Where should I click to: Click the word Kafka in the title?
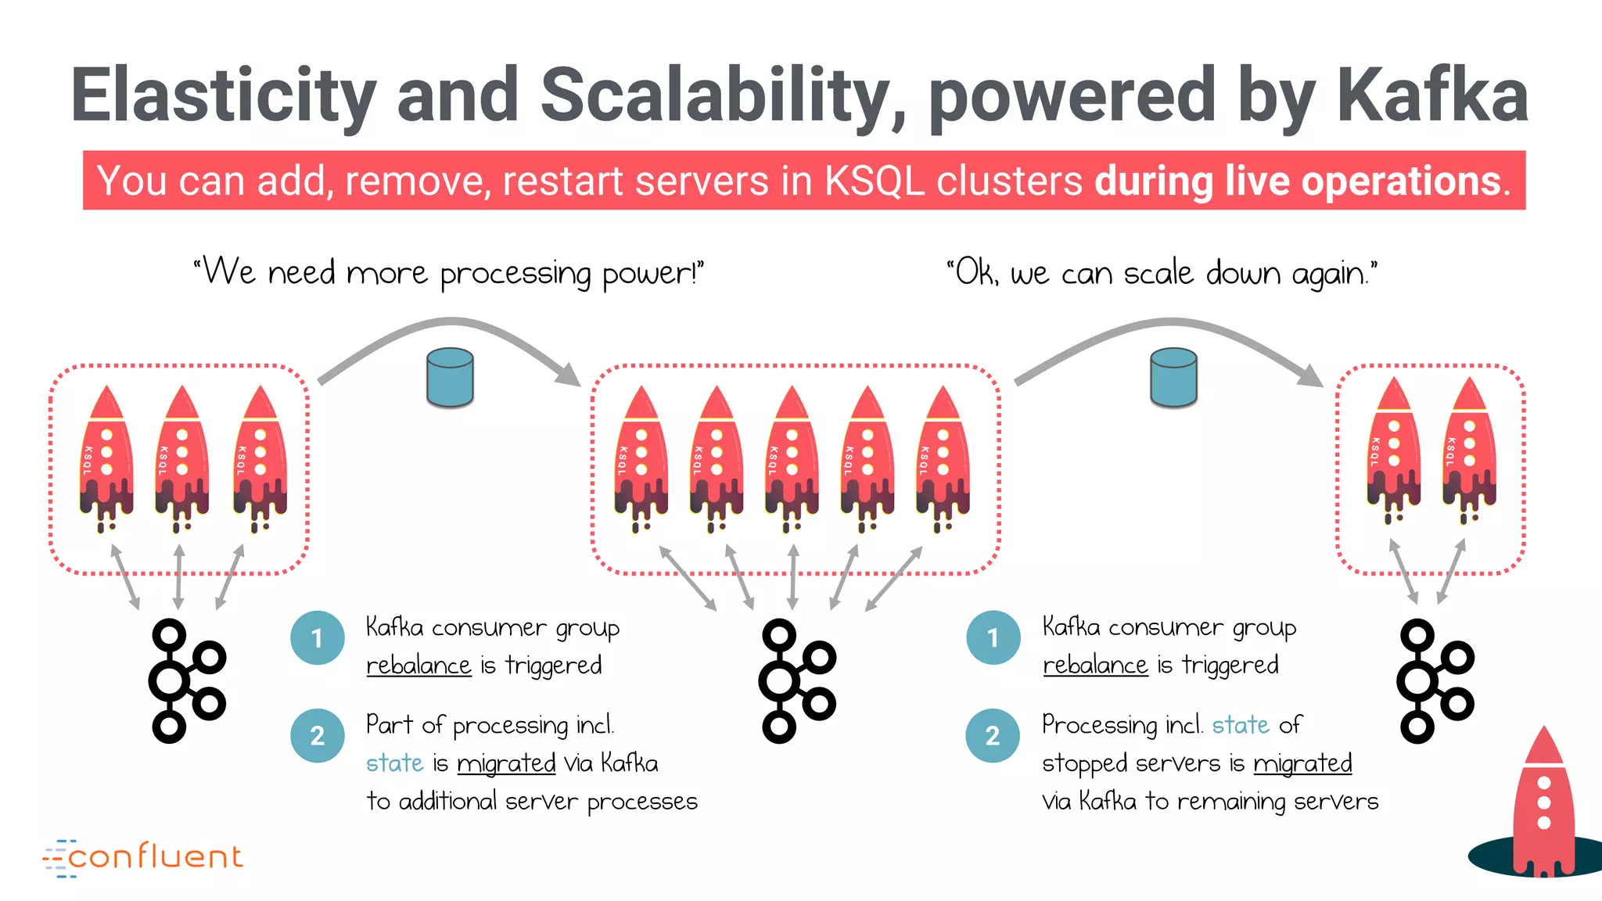(1431, 95)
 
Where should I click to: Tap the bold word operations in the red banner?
(1401, 181)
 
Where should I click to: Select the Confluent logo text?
(155, 857)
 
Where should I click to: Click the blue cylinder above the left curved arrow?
(450, 378)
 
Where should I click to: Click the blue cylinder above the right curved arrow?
(1173, 378)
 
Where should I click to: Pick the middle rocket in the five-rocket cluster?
(792, 458)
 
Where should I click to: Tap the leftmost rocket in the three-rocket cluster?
(106, 458)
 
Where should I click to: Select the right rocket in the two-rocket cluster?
(1468, 450)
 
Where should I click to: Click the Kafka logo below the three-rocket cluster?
(186, 680)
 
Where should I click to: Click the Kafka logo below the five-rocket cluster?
(796, 680)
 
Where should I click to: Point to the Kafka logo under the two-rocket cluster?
(1435, 680)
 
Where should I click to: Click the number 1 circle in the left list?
(317, 638)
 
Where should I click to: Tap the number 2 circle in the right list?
(992, 735)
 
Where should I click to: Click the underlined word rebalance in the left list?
(418, 666)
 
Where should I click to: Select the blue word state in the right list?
(1240, 725)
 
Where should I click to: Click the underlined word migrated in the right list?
(1302, 763)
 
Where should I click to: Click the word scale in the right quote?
(1158, 274)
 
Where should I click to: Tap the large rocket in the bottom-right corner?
(1543, 806)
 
